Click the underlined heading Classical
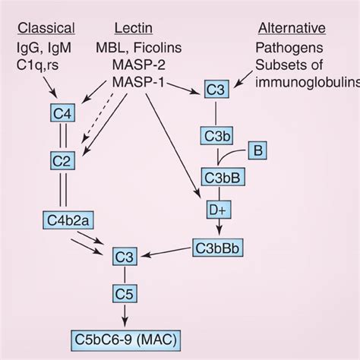46,29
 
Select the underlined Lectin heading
134,29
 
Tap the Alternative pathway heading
292,29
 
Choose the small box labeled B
258,151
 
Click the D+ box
216,207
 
